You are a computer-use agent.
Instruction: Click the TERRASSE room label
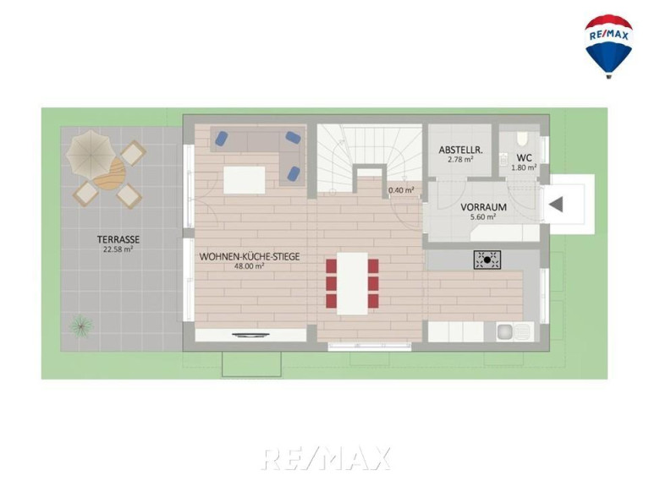tap(118, 239)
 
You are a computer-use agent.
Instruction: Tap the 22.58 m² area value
tap(118, 249)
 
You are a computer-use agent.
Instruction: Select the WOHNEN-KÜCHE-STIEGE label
tap(250, 257)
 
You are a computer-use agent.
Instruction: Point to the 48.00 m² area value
tap(249, 266)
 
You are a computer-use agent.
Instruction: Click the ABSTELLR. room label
tap(460, 150)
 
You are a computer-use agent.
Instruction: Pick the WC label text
tap(524, 158)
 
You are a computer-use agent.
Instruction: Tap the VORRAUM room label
tap(483, 206)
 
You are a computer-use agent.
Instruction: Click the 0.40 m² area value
tap(401, 190)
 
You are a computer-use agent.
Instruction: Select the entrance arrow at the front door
tap(556, 205)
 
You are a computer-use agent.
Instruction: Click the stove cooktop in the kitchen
tap(487, 260)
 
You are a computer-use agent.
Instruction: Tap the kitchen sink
tap(514, 331)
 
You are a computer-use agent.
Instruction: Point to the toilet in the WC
tap(522, 139)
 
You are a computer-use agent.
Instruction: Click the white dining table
tap(352, 283)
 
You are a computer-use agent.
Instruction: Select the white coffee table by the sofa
tap(245, 180)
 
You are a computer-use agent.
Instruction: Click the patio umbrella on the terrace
tap(91, 152)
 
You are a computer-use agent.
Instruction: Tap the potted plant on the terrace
tap(81, 326)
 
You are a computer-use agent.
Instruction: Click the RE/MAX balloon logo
tap(608, 46)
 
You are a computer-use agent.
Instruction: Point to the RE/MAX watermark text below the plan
tap(326, 458)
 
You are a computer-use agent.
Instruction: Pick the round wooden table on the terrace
tap(111, 173)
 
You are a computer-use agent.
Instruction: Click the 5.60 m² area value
tap(483, 216)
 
